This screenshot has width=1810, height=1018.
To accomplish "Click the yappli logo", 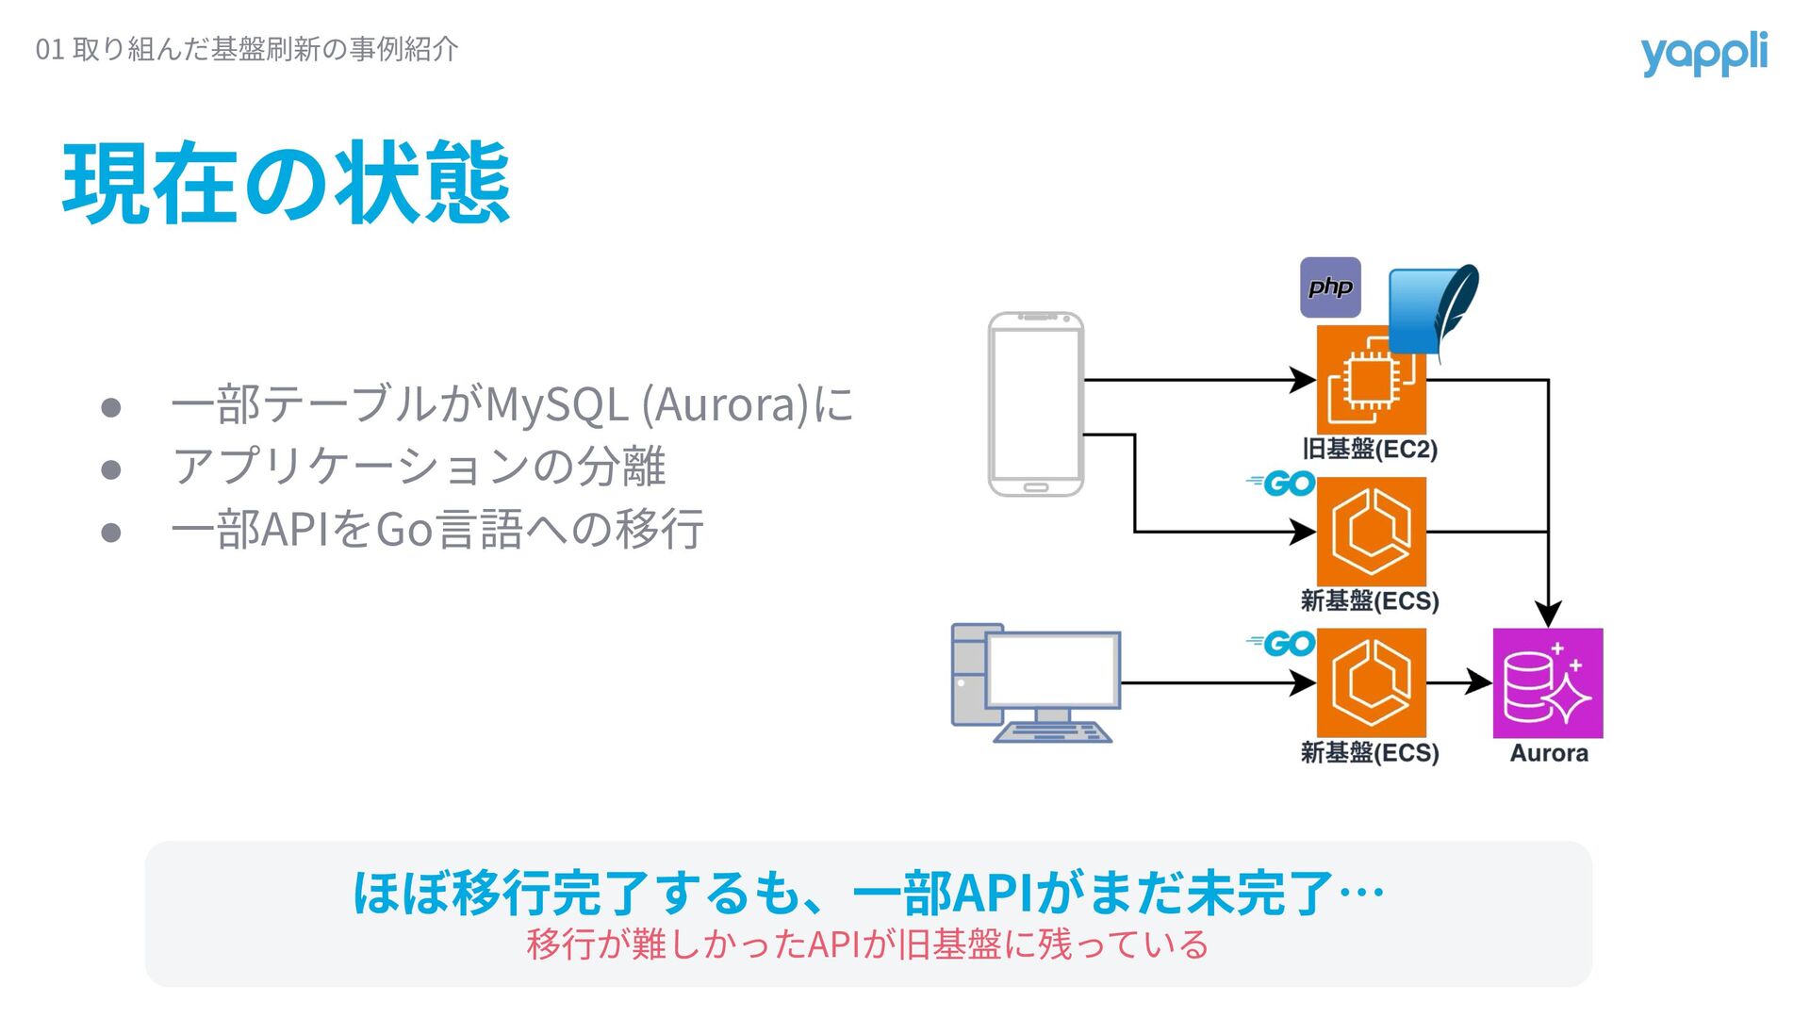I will (x=1703, y=54).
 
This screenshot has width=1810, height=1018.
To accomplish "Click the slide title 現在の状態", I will (x=286, y=184).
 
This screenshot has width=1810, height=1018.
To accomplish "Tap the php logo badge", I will (x=1330, y=287).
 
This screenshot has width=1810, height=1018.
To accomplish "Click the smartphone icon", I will (x=1035, y=403).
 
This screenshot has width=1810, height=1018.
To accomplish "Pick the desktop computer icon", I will (x=1035, y=683).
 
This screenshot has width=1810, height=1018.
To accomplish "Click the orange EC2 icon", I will (x=1370, y=381).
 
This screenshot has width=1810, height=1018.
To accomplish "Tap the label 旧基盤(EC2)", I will (x=1370, y=449).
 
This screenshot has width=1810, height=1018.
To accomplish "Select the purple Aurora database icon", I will (x=1547, y=683).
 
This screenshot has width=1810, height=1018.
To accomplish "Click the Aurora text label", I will (x=1548, y=753).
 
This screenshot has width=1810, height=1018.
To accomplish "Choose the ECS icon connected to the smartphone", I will (x=1371, y=532).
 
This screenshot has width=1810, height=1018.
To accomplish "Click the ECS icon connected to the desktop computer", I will (x=1371, y=683).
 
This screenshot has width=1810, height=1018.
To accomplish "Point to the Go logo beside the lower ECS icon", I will (x=1282, y=644).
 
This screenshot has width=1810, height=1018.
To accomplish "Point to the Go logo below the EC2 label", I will (x=1282, y=484).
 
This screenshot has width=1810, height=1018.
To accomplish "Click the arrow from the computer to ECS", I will (x=1216, y=682).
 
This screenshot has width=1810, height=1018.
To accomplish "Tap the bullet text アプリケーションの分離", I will (x=419, y=467).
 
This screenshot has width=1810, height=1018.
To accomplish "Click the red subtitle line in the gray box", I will (x=867, y=944).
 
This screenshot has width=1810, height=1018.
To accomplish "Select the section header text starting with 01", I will (x=247, y=49).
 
